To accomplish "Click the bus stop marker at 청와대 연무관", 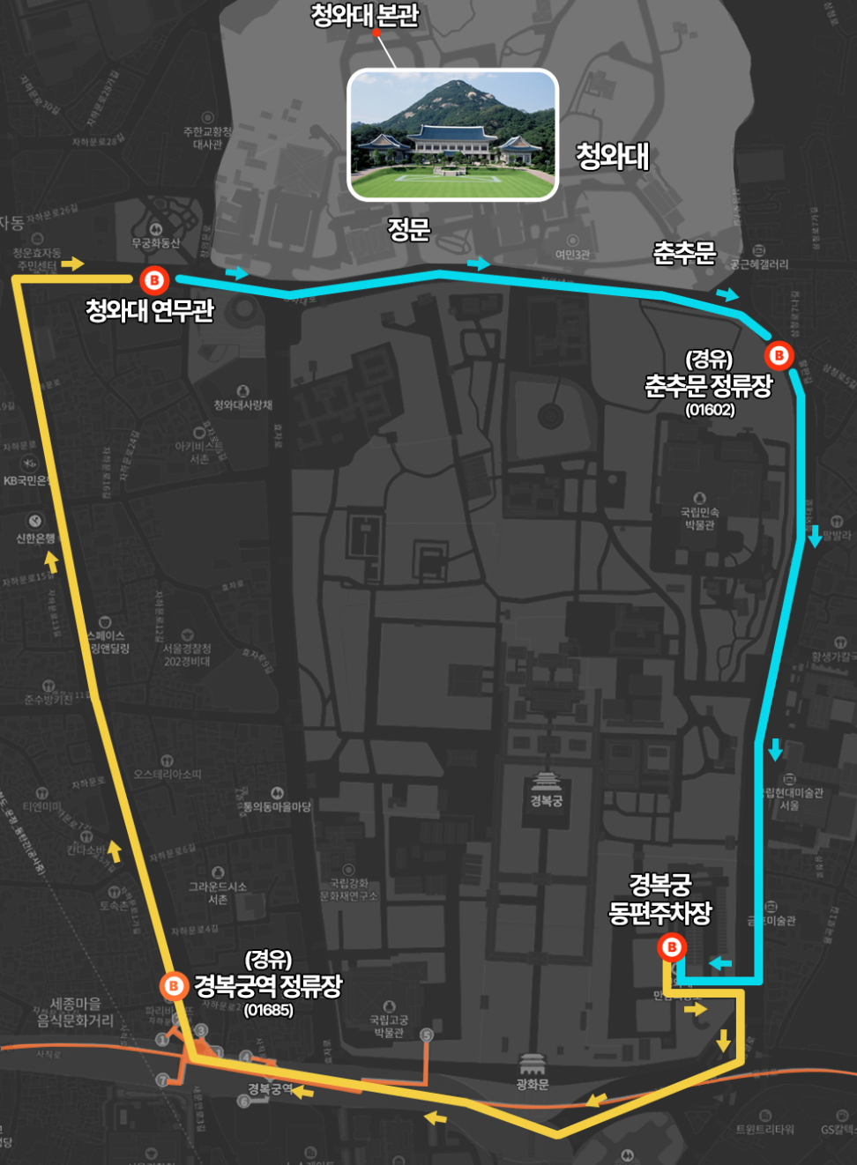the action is (153, 280).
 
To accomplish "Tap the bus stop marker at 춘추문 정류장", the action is (779, 355).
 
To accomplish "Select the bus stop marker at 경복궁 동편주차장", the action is (672, 947).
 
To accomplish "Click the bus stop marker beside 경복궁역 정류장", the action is (174, 985).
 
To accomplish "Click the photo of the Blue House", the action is (453, 134).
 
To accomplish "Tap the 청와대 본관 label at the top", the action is (364, 15).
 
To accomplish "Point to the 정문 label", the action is (409, 230).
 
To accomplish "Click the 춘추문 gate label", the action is (684, 254).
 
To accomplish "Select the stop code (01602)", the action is (710, 410).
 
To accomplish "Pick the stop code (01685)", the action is (268, 1010).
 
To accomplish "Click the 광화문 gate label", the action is (533, 1084).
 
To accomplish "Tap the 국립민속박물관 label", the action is (699, 518).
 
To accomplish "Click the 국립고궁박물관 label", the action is (389, 1026).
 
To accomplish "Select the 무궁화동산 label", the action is (155, 242).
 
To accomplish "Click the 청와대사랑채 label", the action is (242, 404).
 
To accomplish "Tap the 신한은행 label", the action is (35, 538).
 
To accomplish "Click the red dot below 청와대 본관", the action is (376, 33).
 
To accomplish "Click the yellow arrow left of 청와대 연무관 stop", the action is (72, 263).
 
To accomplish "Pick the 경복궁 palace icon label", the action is (546, 800).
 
